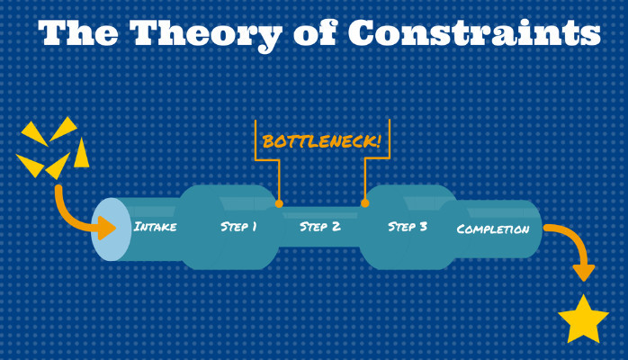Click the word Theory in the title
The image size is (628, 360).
tap(206, 34)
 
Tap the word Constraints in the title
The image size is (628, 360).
tap(474, 32)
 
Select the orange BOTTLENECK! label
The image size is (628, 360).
tap(321, 141)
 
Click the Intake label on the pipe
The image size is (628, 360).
tap(155, 227)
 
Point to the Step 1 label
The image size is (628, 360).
tap(238, 227)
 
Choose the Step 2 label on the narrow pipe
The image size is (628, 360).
tap(320, 227)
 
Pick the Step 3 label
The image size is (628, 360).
tap(408, 227)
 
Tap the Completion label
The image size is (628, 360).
tap(493, 229)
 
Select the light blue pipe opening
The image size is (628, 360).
tap(111, 229)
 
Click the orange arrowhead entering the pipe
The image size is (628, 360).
tap(107, 228)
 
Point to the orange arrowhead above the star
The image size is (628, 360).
tap(584, 273)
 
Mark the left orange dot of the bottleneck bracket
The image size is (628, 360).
tap(279, 203)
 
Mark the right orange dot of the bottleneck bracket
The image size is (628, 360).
tap(365, 203)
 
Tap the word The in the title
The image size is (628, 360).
tap(78, 32)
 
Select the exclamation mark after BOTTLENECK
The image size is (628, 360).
tap(377, 140)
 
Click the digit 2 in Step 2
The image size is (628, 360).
tap(336, 227)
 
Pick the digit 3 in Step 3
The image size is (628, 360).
tap(423, 227)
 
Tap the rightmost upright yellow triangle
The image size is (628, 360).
tap(81, 153)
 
